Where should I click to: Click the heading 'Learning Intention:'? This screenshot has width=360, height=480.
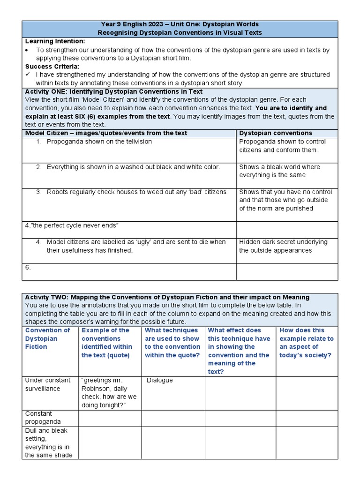click(55, 41)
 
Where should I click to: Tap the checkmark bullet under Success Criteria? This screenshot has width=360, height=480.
click(28, 75)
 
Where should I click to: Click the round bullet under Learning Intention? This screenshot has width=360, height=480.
click(28, 50)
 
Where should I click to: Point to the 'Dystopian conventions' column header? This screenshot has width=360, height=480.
click(275, 133)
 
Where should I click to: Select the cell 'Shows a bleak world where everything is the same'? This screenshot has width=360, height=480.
click(279, 171)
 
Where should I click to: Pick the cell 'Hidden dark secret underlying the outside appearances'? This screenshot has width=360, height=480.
click(283, 246)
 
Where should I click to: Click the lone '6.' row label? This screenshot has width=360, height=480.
click(28, 267)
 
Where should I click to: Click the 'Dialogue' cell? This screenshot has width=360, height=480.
click(160, 380)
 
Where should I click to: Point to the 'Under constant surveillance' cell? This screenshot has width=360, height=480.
click(47, 384)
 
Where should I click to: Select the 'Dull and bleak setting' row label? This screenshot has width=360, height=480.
click(48, 442)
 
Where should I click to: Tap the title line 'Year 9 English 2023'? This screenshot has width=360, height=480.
click(180, 24)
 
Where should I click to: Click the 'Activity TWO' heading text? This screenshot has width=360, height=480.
click(167, 297)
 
